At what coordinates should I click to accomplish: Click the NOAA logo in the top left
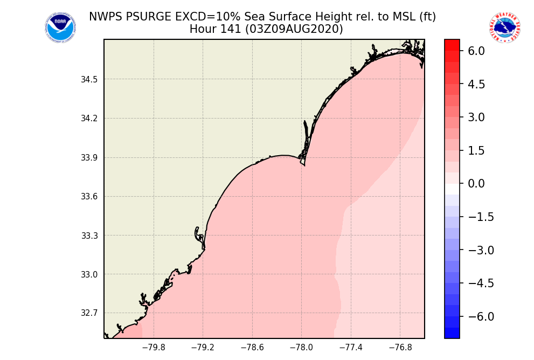[x=60, y=28]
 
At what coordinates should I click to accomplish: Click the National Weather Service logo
[x=505, y=28]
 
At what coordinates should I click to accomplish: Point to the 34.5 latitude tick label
[x=89, y=80]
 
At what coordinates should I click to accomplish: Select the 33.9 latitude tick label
[x=89, y=158]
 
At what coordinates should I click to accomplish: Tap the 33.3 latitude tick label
[x=89, y=236]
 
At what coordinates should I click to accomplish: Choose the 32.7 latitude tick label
[x=89, y=313]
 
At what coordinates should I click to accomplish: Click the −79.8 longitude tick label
[x=154, y=348]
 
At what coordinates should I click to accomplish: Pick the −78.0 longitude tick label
[x=301, y=348]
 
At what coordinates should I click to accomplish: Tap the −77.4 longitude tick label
[x=351, y=348]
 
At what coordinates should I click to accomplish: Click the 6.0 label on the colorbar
[x=476, y=51]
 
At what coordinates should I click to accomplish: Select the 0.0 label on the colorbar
[x=476, y=184]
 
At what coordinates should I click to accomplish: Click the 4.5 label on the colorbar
[x=476, y=84]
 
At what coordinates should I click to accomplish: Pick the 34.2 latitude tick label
[x=89, y=119]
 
